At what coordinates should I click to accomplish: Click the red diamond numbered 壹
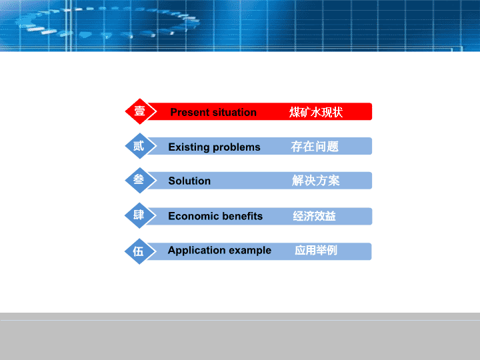tap(140, 111)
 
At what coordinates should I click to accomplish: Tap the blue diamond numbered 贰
tap(140, 146)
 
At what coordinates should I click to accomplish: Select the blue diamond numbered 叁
tap(140, 180)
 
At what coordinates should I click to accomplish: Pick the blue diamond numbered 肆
tap(140, 215)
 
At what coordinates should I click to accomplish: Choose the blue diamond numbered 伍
tap(140, 251)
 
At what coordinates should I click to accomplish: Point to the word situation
tap(232, 113)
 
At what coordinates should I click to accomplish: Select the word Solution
tap(189, 181)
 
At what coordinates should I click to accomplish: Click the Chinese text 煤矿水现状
tap(316, 113)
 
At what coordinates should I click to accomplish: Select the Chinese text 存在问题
tap(315, 147)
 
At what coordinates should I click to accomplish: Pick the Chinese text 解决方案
tap(315, 181)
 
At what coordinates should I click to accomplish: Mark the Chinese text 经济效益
tap(315, 216)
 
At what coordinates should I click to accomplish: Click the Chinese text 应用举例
tap(316, 251)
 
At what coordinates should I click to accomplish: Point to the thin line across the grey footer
tap(240, 320)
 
